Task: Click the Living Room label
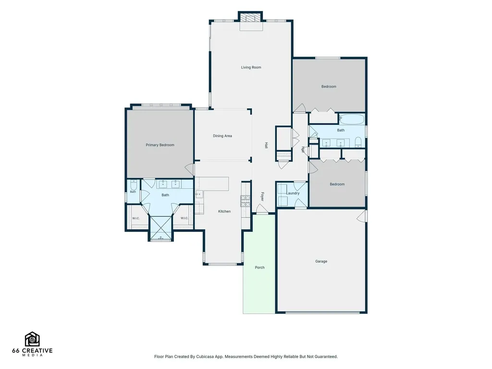[x=251, y=67]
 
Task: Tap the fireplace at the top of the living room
[x=250, y=18]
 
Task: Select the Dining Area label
[x=222, y=136]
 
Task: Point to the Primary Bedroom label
[x=160, y=145]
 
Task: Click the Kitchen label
[x=224, y=211]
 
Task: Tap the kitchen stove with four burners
[x=246, y=201]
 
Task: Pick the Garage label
[x=321, y=261]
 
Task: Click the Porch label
[x=259, y=268]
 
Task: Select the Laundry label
[x=293, y=193]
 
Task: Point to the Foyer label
[x=262, y=197]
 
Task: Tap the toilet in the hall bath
[x=358, y=142]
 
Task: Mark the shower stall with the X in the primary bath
[x=160, y=228]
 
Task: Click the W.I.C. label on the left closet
[x=136, y=219]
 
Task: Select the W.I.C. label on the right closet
[x=184, y=219]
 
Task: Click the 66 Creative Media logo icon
[x=32, y=339]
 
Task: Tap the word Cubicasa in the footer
[x=205, y=357]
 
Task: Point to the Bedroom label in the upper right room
[x=329, y=86]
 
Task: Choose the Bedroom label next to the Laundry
[x=337, y=184]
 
